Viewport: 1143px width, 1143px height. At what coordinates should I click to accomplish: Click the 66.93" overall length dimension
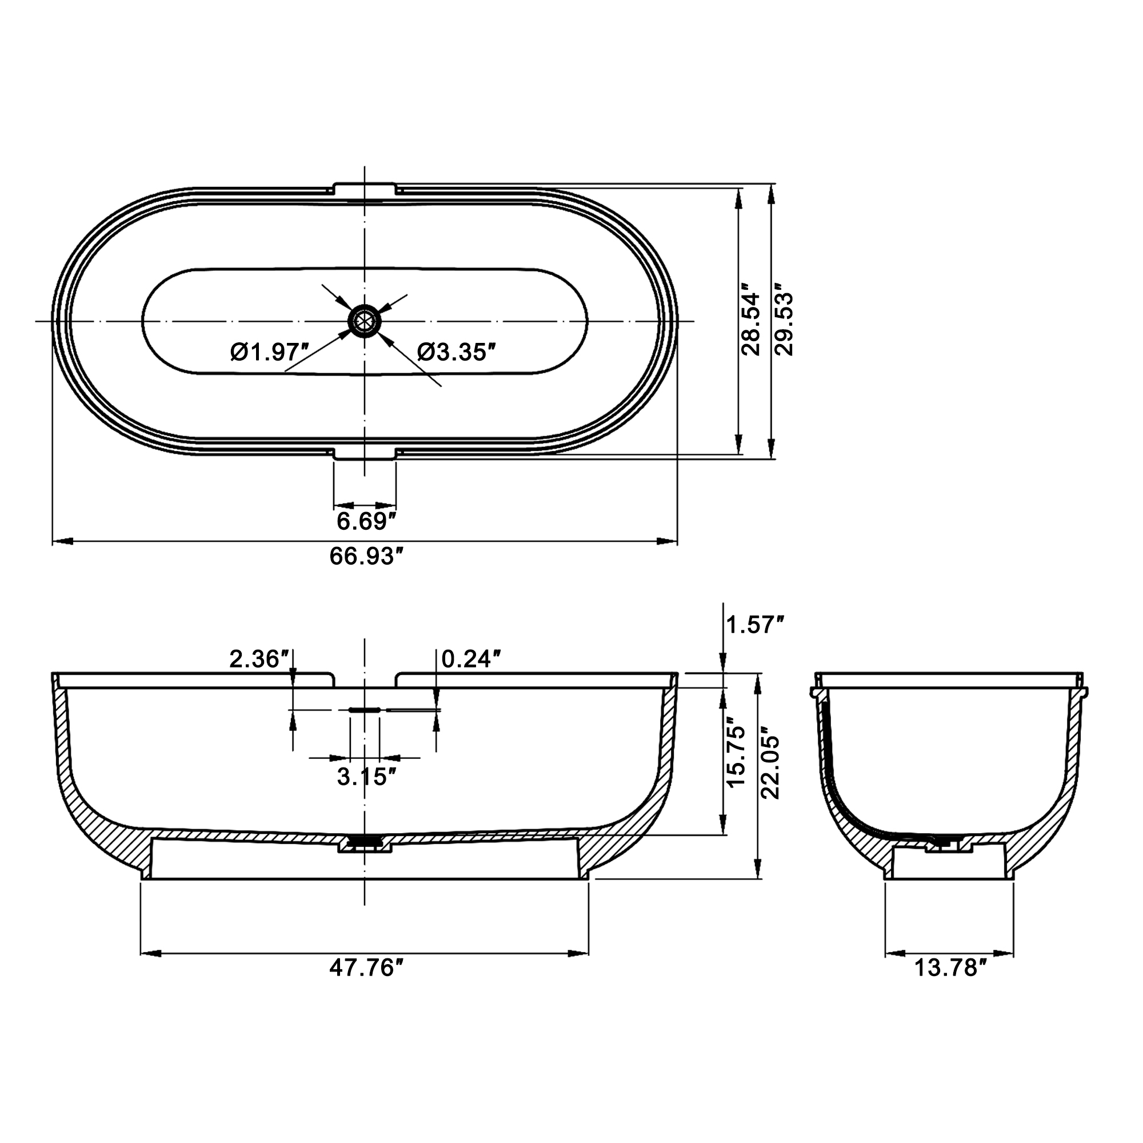(367, 557)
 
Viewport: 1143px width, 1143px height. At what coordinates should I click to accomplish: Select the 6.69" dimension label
(366, 522)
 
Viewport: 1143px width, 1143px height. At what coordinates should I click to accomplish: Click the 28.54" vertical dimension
(750, 322)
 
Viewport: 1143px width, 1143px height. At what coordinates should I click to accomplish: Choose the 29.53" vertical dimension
(784, 322)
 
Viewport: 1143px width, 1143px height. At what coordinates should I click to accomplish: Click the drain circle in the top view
(365, 322)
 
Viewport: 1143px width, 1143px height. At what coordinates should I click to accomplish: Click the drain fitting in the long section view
(365, 844)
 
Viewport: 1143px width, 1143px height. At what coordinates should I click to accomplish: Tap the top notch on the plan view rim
(365, 189)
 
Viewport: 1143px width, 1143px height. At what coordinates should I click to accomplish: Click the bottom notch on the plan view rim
(365, 454)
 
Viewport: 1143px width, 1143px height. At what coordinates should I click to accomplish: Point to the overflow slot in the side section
(365, 709)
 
